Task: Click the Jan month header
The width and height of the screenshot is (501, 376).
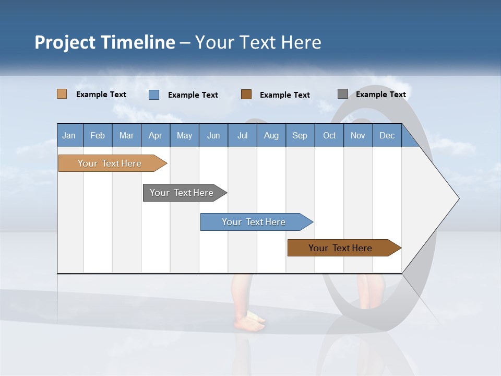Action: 69,136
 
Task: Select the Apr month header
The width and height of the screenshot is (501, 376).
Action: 156,136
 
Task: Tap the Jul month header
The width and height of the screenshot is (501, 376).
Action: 242,136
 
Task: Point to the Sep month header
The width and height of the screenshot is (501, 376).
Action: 300,136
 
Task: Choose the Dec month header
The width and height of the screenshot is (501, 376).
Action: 387,136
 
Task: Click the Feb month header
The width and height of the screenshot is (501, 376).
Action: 98,136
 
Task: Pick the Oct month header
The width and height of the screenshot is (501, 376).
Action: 329,136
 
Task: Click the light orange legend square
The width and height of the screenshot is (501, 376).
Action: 62,94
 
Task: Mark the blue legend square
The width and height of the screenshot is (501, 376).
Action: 154,95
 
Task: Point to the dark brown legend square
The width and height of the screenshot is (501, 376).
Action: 246,94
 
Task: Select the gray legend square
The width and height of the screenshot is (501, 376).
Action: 343,94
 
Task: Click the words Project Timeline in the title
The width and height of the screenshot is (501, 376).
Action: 105,42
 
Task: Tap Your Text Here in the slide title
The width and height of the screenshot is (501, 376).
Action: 258,42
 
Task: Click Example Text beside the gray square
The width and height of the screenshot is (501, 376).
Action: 380,95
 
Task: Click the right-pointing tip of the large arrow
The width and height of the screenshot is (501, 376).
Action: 457,198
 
